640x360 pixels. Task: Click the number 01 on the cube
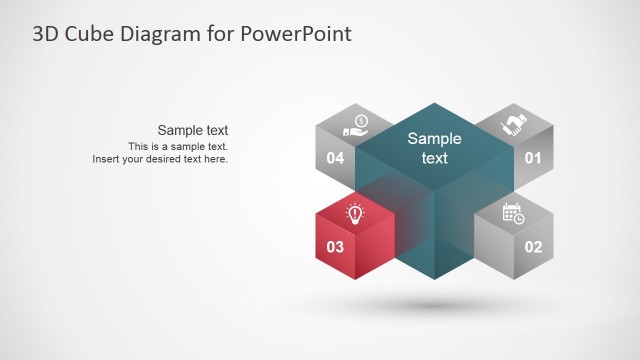pyautogui.click(x=532, y=158)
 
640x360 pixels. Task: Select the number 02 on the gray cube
pyautogui.click(x=532, y=246)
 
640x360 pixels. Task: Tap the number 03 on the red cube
pyautogui.click(x=335, y=246)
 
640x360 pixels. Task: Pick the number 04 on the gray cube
pyautogui.click(x=335, y=158)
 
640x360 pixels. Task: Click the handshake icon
pyautogui.click(x=514, y=125)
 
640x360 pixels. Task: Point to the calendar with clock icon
pyautogui.click(x=513, y=212)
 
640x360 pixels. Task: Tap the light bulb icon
pyautogui.click(x=355, y=212)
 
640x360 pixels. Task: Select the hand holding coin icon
pyautogui.click(x=356, y=125)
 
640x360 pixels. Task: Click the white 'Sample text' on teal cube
pyautogui.click(x=434, y=148)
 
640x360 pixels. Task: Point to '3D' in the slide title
pyautogui.click(x=45, y=34)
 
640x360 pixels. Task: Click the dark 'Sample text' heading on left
pyautogui.click(x=193, y=130)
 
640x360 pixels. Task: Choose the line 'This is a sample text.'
pyautogui.click(x=178, y=146)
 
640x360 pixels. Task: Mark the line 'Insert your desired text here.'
pyautogui.click(x=160, y=159)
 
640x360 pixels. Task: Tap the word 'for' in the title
pyautogui.click(x=220, y=34)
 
